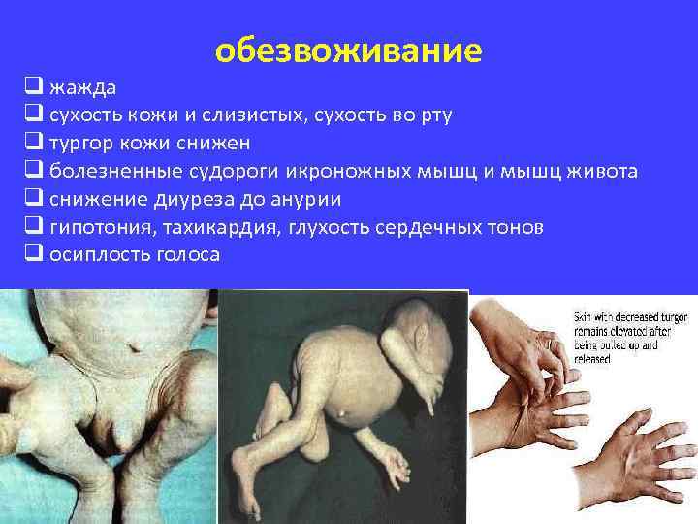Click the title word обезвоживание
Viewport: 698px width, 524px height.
point(348,49)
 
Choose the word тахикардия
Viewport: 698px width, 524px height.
point(211,227)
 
